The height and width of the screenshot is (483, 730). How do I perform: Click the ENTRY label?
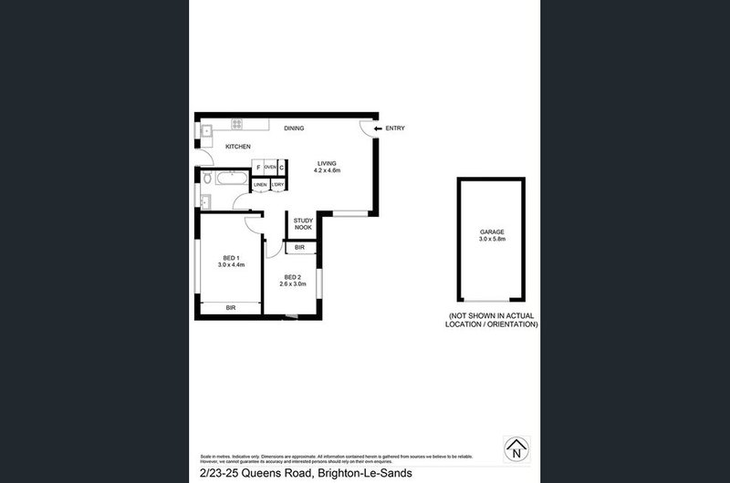395,128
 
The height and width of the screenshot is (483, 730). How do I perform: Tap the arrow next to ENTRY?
378,128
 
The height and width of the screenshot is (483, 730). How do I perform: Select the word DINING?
293,128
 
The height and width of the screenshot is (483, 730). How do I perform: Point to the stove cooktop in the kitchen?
237,125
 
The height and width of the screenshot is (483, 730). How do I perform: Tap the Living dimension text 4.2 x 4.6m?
327,170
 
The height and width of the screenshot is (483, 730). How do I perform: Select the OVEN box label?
270,168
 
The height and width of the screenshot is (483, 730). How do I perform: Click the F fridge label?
258,168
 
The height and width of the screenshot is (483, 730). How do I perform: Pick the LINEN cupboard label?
260,185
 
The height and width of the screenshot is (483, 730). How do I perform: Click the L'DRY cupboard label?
278,185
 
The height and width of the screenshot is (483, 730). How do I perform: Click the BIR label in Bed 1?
231,308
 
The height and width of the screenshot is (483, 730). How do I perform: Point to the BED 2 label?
292,277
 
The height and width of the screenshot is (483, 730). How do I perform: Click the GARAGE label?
492,232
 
